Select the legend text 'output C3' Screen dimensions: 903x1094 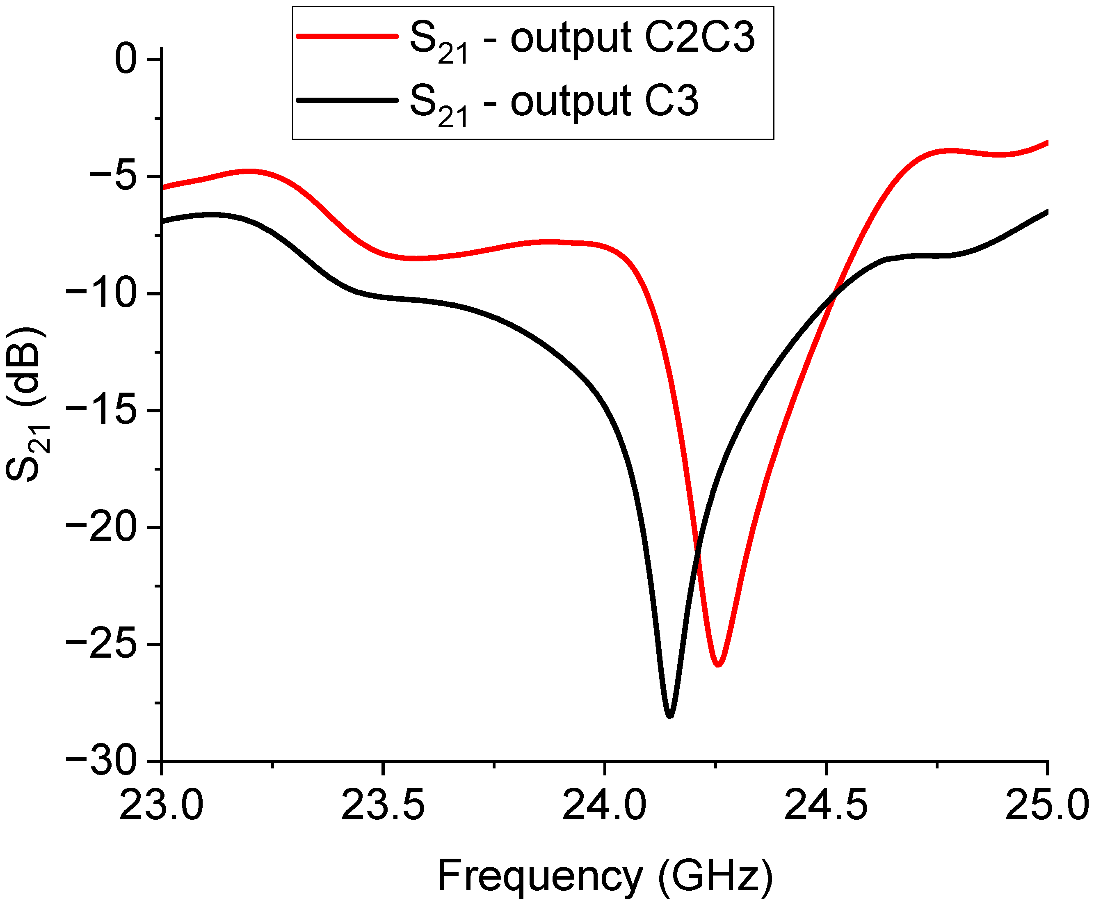604,101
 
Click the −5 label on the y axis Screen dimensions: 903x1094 113,176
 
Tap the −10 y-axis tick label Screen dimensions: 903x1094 101,293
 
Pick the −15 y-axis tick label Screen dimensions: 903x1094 101,410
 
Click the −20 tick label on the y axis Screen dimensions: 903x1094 101,528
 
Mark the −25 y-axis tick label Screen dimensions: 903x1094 101,645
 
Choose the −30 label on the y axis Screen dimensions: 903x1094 101,761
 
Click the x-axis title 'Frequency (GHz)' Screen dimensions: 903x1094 605,876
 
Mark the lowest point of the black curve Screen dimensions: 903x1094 670,716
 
